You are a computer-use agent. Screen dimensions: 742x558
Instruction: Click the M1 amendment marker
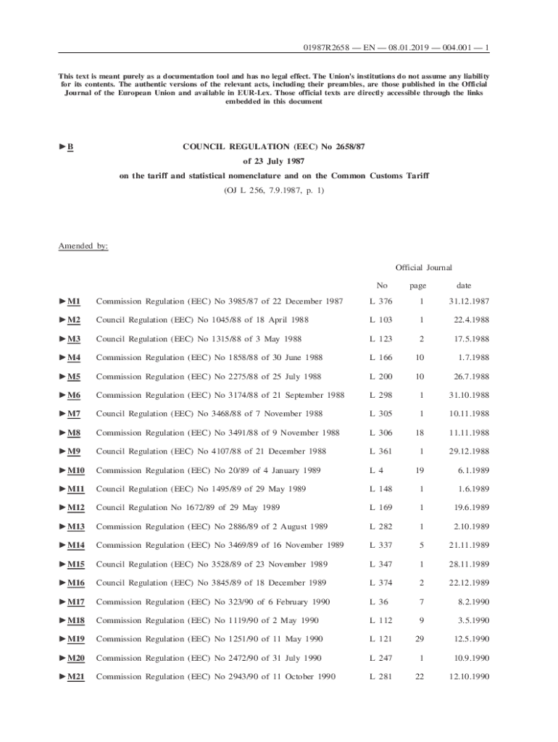point(74,301)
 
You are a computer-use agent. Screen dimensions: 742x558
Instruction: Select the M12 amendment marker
point(76,509)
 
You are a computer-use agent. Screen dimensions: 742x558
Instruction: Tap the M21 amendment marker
point(76,678)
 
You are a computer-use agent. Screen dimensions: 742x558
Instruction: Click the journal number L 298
point(380,396)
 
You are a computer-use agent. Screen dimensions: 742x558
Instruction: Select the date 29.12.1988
point(471,452)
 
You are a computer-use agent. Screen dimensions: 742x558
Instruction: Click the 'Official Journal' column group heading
point(424,268)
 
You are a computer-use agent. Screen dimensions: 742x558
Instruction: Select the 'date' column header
point(464,285)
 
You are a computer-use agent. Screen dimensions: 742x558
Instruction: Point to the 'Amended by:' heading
point(83,246)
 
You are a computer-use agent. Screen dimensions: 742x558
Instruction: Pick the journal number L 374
point(380,583)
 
